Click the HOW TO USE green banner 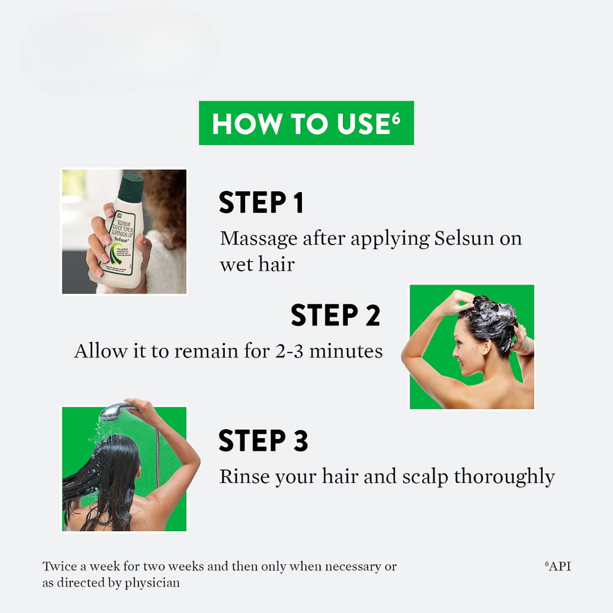(x=306, y=123)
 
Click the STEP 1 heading (x=261, y=203)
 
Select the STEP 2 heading (x=335, y=315)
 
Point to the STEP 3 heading (x=263, y=440)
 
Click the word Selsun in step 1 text (x=464, y=238)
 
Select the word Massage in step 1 (x=258, y=239)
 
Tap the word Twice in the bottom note (x=60, y=566)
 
